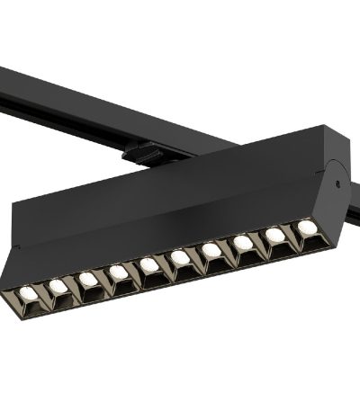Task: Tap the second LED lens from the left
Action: (x=58, y=286)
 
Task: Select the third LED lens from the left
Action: (x=88, y=279)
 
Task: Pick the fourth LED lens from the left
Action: (x=119, y=272)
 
